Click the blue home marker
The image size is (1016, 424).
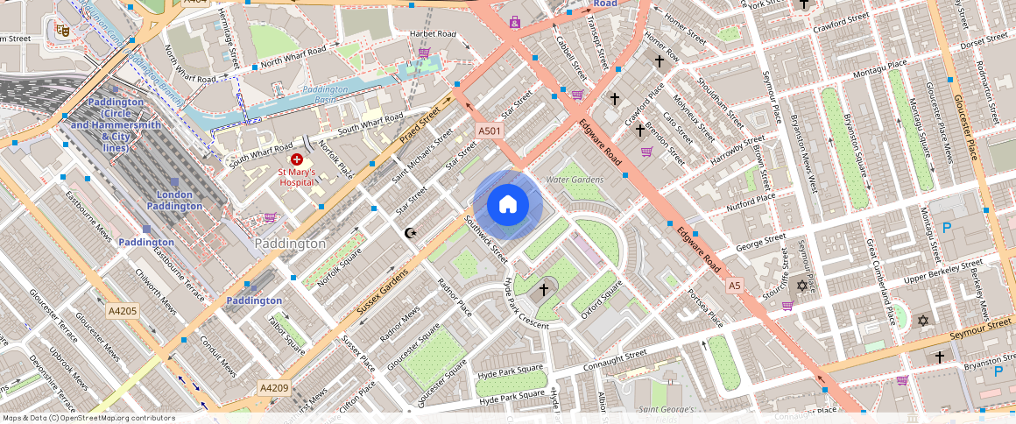[x=508, y=205]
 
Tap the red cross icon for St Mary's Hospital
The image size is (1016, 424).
[x=296, y=159]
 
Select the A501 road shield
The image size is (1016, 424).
[x=489, y=131]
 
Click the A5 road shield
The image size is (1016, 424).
[x=734, y=286]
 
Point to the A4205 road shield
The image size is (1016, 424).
[x=123, y=311]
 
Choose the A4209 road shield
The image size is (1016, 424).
[x=274, y=387]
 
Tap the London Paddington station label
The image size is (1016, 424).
[x=180, y=200]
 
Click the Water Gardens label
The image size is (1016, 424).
[x=575, y=180]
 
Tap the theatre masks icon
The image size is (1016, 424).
[x=62, y=30]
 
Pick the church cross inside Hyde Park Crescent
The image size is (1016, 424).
[x=543, y=289]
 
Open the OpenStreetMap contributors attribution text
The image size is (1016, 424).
[x=88, y=418]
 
